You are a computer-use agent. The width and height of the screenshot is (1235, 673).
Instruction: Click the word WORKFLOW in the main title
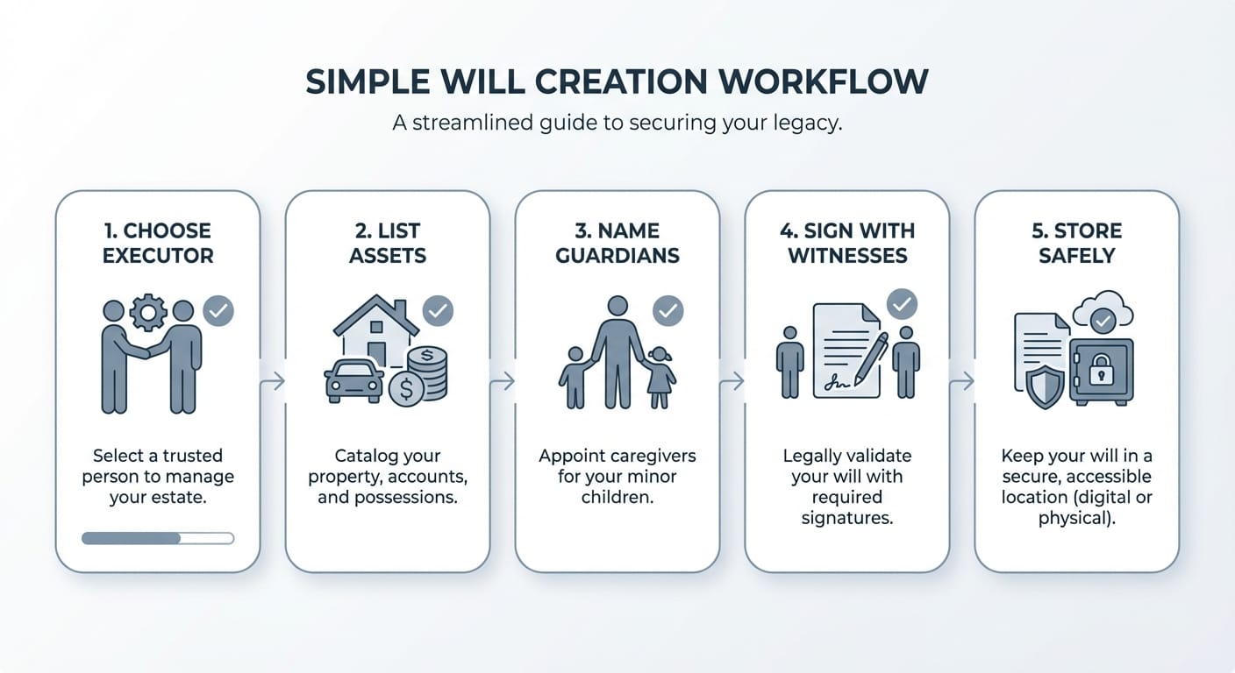(823, 82)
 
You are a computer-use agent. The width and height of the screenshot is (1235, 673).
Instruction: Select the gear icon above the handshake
(147, 312)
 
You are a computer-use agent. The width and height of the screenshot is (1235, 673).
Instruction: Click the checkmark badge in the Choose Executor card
(218, 310)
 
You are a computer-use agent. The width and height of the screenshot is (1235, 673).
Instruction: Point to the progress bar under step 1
(158, 538)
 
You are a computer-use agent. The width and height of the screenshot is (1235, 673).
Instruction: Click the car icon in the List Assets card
(354, 382)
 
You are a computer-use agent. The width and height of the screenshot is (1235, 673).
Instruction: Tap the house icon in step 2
(376, 329)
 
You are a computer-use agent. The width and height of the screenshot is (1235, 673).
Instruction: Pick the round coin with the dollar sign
(406, 389)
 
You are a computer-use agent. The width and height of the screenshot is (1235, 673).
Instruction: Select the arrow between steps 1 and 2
(273, 381)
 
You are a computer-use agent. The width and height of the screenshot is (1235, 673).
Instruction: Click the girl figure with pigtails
(660, 378)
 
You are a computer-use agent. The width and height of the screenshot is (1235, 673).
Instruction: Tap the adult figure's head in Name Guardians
(617, 306)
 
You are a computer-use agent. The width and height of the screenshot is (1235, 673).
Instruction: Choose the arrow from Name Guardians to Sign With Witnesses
(732, 381)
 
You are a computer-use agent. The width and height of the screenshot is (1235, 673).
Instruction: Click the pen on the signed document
(871, 358)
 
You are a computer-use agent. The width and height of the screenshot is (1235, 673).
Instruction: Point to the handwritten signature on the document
(837, 382)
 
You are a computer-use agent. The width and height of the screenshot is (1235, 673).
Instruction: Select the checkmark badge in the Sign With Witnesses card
(902, 304)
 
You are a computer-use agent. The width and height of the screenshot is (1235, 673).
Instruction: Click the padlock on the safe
(1101, 370)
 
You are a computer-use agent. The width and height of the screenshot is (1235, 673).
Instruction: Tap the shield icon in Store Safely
(1045, 388)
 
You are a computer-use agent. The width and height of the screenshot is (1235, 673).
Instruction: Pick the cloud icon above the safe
(1103, 310)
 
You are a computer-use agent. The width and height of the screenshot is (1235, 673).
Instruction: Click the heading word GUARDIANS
(617, 256)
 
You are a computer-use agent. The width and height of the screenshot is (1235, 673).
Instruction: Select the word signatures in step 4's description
(846, 518)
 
